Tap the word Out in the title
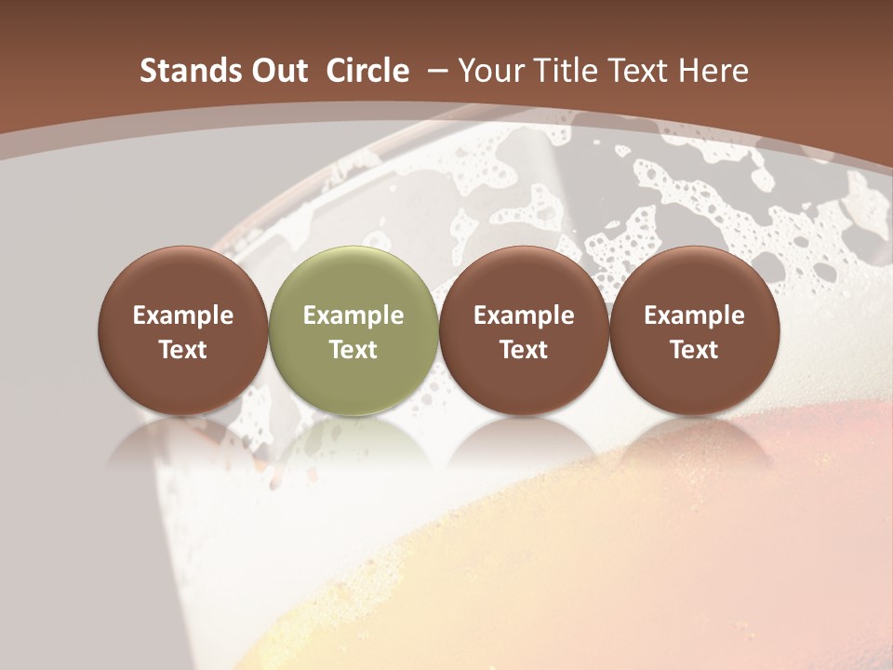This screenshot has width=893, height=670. pyautogui.click(x=277, y=71)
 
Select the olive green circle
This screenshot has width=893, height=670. pyautogui.click(x=353, y=330)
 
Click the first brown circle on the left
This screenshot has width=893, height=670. pyautogui.click(x=183, y=330)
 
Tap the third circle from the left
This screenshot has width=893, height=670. pyautogui.click(x=524, y=330)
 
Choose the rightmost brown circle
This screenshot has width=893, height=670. pyautogui.click(x=694, y=330)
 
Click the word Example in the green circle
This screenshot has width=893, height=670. pyautogui.click(x=353, y=315)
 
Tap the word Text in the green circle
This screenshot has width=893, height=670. pyautogui.click(x=353, y=350)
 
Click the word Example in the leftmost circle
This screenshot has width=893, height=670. pyautogui.click(x=183, y=315)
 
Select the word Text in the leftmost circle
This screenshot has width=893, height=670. pyautogui.click(x=183, y=350)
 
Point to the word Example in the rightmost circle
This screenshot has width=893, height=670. pyautogui.click(x=694, y=315)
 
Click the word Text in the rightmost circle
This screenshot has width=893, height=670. pyautogui.click(x=694, y=350)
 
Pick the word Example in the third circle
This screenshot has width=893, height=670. pyautogui.click(x=524, y=315)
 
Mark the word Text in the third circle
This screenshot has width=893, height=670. pyautogui.click(x=524, y=350)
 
